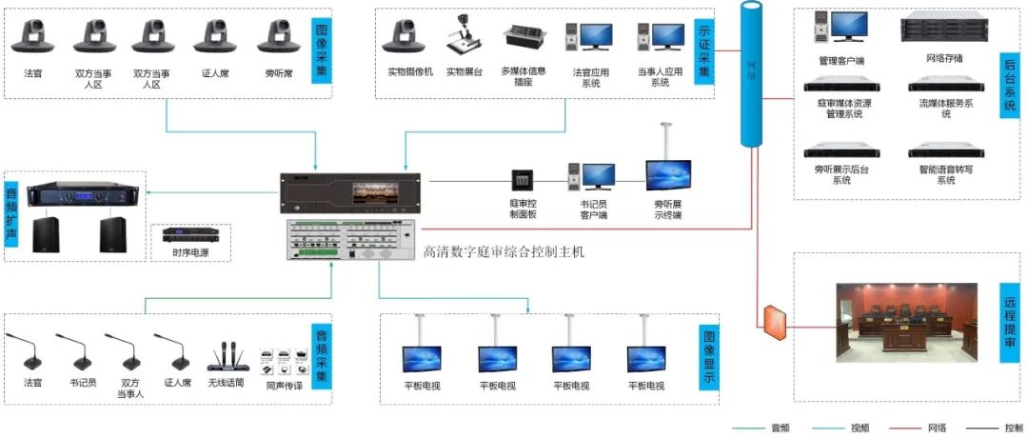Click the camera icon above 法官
click(x=33, y=36)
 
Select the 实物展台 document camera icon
click(x=464, y=35)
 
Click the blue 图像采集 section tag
click(x=321, y=50)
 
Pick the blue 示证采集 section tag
click(x=704, y=50)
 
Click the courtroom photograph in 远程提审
click(x=906, y=323)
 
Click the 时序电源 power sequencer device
click(x=186, y=234)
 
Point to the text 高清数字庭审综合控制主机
click(x=504, y=252)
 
